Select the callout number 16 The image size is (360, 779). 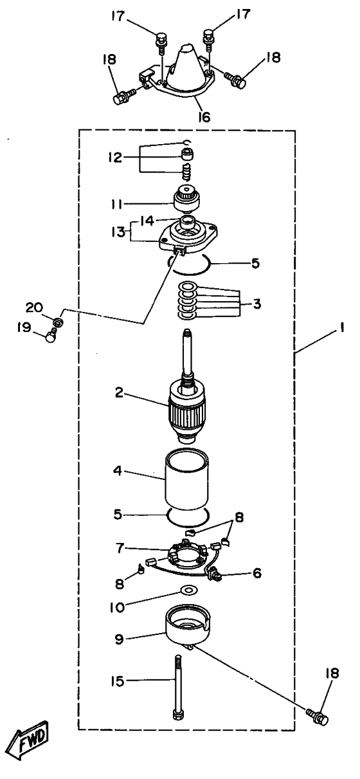point(204,117)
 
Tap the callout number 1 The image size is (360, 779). point(342,327)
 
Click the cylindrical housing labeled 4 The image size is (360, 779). point(187,481)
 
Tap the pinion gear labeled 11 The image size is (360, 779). point(187,199)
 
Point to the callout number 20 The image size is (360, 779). point(34,307)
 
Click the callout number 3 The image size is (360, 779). point(256,304)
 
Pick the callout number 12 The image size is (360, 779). point(114,158)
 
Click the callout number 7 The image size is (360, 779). point(119,549)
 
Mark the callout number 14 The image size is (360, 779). point(147,221)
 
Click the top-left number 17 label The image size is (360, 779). point(118,16)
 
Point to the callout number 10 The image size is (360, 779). point(117,607)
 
